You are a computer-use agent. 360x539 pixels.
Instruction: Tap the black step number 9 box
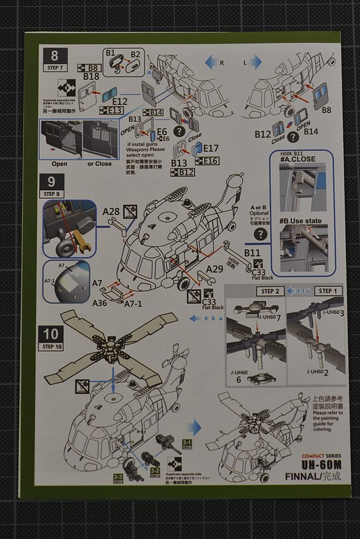click(53, 184)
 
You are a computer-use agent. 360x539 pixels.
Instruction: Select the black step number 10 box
click(54, 335)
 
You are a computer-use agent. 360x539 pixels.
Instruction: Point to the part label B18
click(91, 76)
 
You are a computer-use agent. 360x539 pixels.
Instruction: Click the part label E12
click(119, 101)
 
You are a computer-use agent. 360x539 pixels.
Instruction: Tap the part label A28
click(111, 211)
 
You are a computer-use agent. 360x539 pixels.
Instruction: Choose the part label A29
click(215, 269)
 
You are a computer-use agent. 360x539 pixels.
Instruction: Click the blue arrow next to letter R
click(211, 64)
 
